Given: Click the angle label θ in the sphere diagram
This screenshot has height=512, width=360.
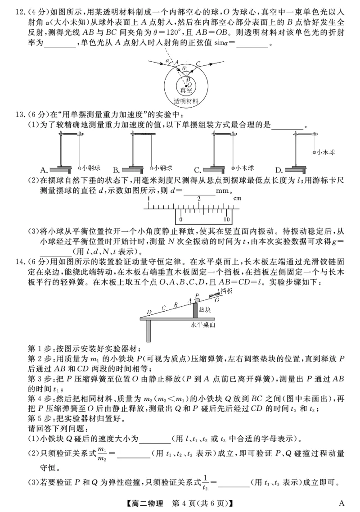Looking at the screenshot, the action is tap(183, 69).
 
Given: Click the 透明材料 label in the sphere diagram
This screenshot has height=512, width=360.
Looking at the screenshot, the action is tap(183, 102).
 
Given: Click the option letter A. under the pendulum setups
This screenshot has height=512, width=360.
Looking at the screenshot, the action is tap(44, 170).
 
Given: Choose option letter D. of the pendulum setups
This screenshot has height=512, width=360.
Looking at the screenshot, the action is tap(279, 170).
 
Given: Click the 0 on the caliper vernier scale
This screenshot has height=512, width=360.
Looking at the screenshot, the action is tap(180, 220).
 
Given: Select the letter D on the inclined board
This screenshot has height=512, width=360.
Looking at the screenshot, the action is tap(149, 312).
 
